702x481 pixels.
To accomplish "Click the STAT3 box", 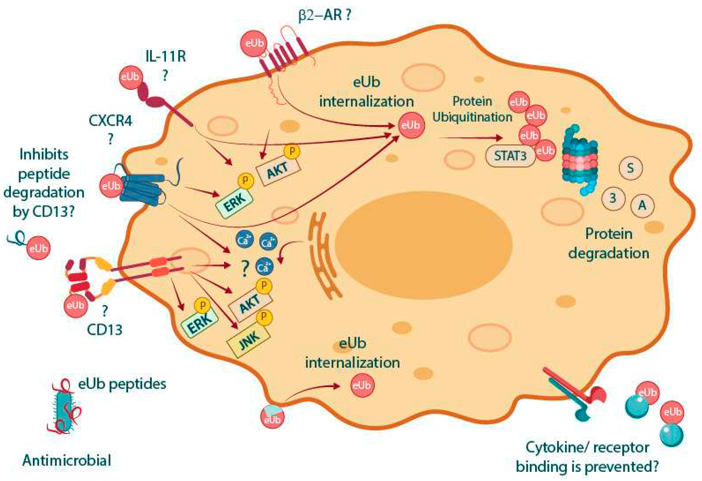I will (x=510, y=156).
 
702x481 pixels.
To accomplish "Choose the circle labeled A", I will (x=642, y=206).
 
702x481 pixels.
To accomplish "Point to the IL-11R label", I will (x=166, y=57).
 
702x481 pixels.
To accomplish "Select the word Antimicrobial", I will (x=67, y=460).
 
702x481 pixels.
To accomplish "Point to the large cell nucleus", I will (x=423, y=245).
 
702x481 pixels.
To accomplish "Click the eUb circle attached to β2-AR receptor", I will (x=254, y=43).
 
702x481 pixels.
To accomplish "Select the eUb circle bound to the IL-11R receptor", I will (x=130, y=77).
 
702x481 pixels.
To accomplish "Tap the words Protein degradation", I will (x=609, y=243).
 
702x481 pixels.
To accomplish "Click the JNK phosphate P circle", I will (x=264, y=317).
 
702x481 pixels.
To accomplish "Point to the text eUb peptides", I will (x=122, y=384).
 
